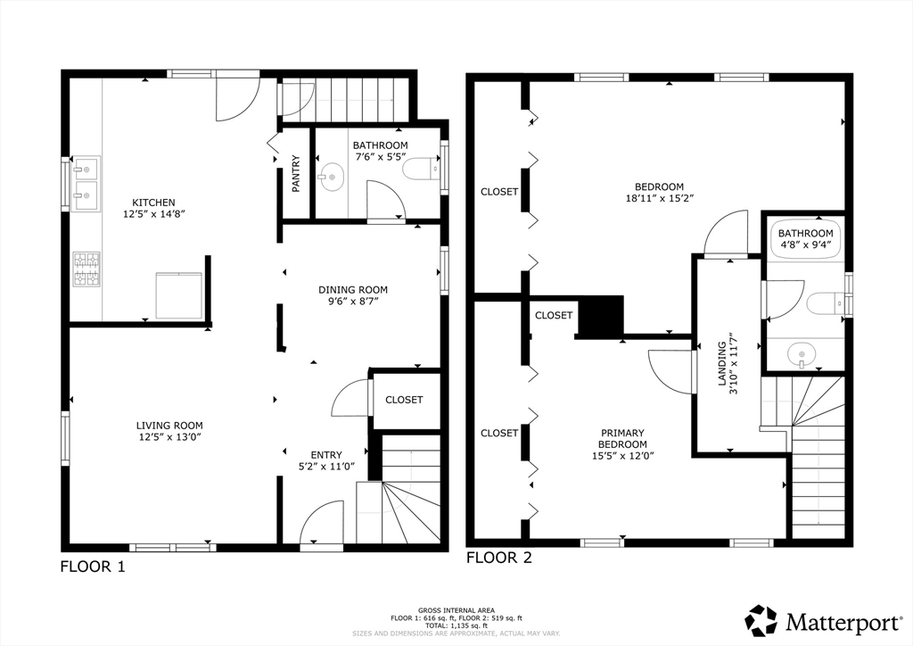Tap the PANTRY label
coord(296,174)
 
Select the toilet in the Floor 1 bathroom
coord(422,169)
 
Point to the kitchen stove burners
coord(86,269)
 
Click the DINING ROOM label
coord(353,289)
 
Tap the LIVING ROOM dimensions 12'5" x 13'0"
coord(169,437)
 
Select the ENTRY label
coord(326,455)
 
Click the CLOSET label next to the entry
coord(404,400)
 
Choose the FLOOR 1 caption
coord(93,567)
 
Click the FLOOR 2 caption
coord(499,558)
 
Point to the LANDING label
coord(722,363)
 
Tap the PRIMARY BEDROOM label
coord(622,438)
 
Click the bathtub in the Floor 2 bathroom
coord(805,238)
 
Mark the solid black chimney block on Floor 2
coord(600,315)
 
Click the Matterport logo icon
coord(761,620)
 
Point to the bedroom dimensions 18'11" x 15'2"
coord(659,197)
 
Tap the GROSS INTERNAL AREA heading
coord(456,610)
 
